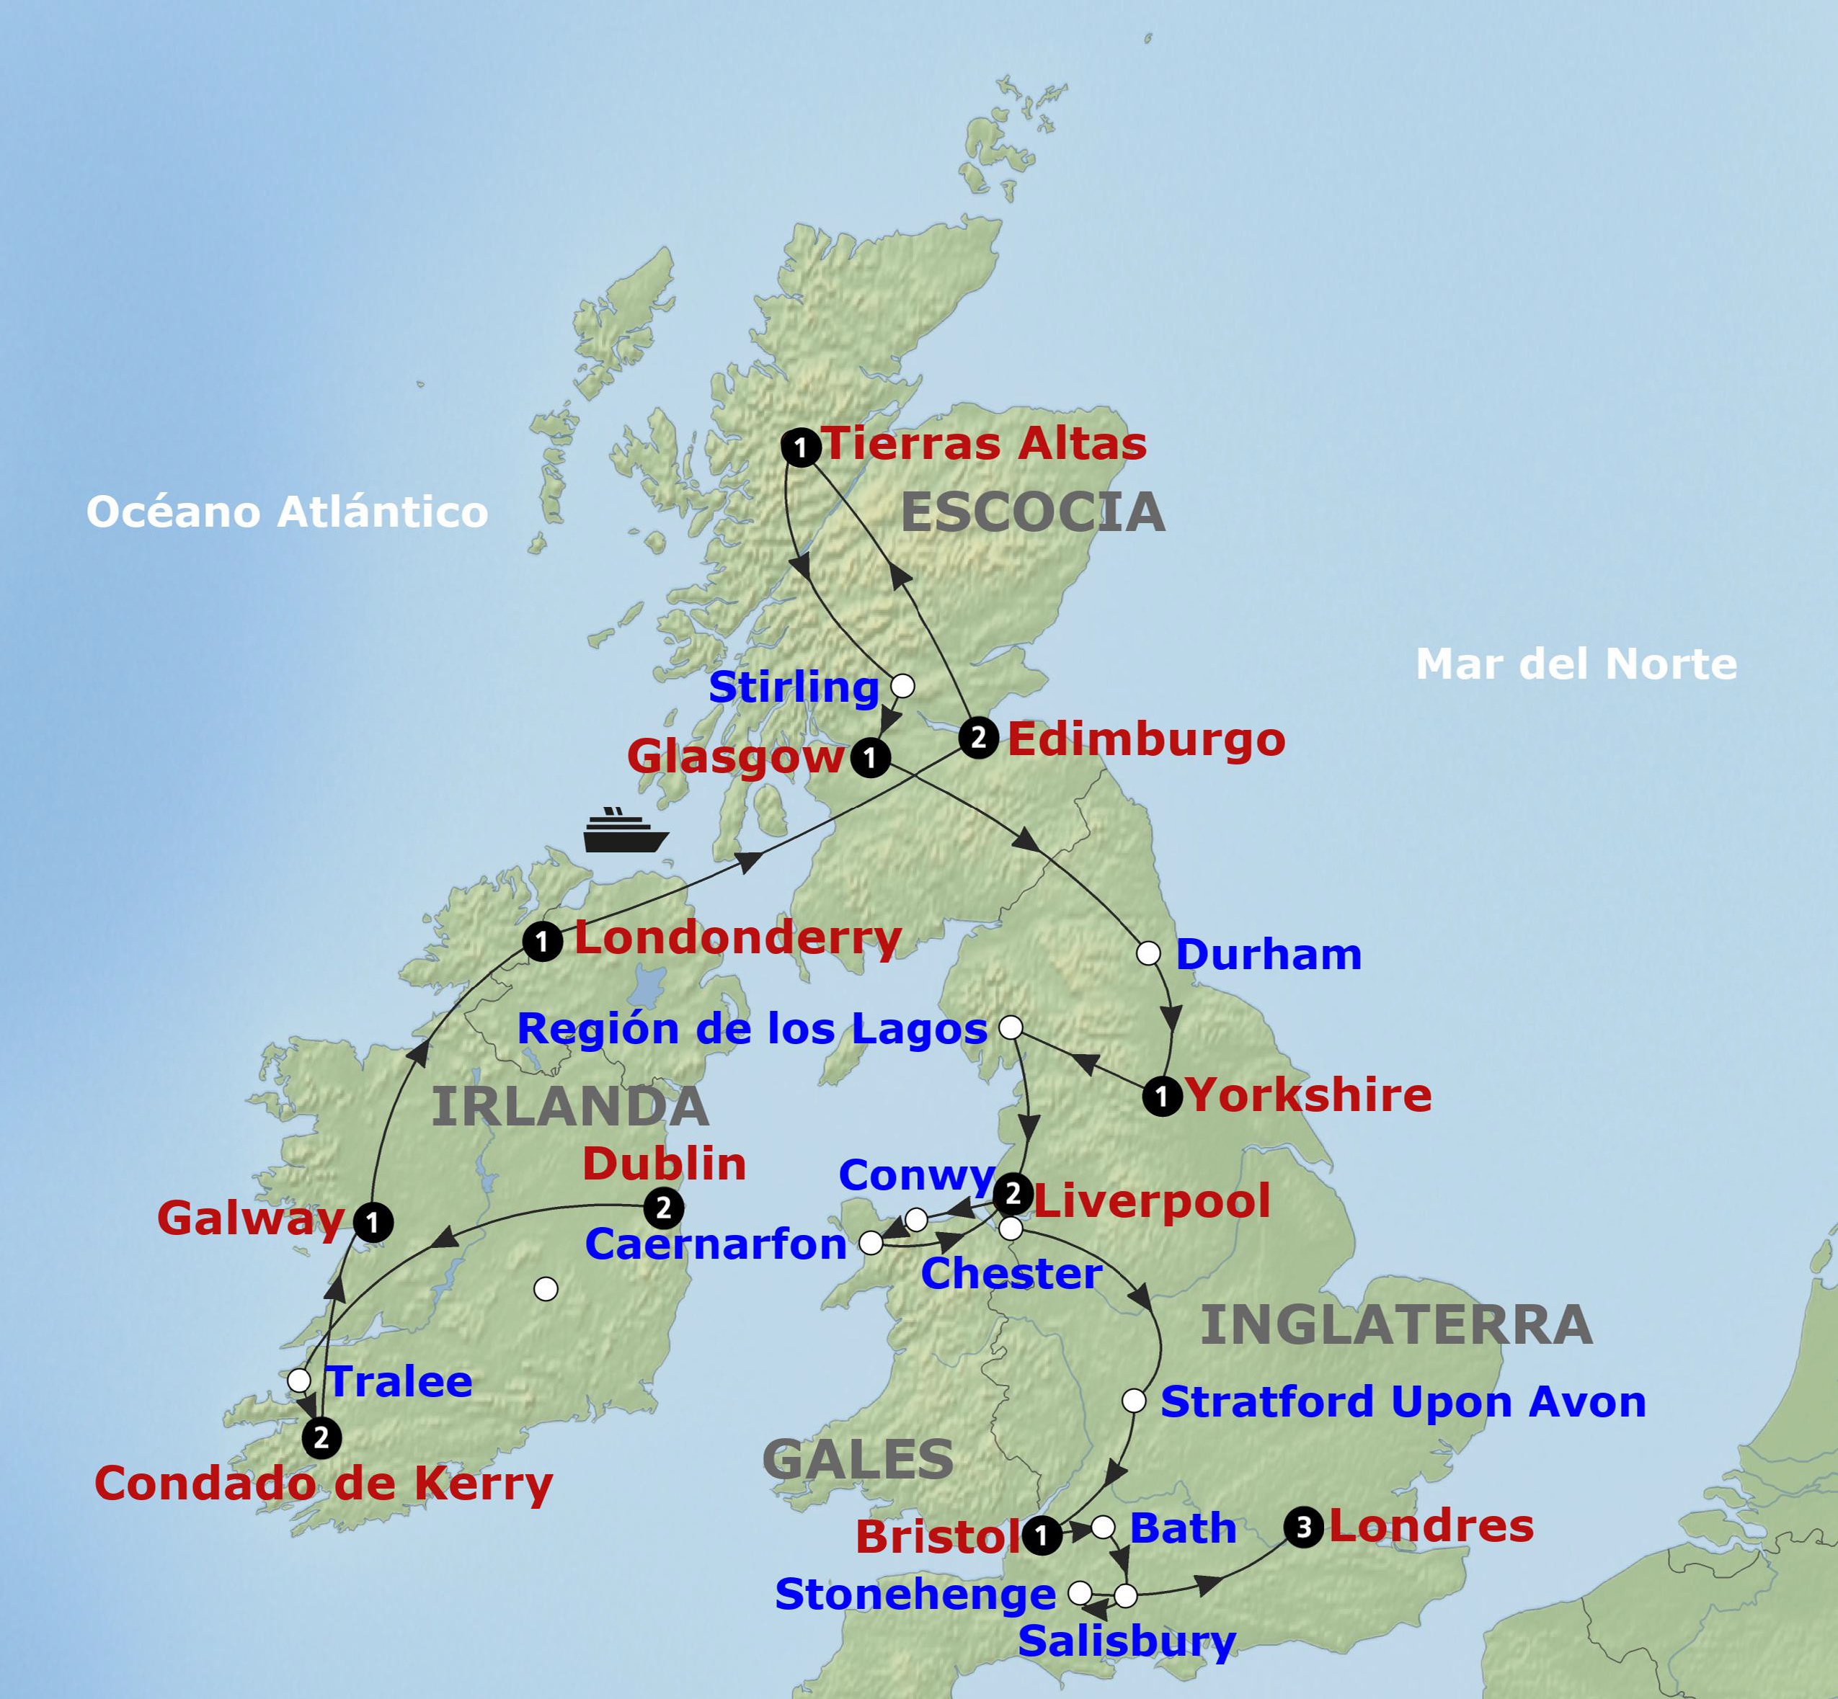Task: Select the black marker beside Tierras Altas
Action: [800, 447]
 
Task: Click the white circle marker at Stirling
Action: [903, 685]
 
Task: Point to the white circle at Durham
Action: [1147, 953]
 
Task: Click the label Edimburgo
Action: [1145, 739]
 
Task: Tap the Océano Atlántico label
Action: [287, 511]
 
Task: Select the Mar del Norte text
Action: [1576, 664]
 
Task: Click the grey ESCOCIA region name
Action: [1033, 512]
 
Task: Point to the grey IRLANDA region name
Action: [570, 1106]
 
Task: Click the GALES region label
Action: [858, 1459]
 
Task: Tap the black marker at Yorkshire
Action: [1162, 1096]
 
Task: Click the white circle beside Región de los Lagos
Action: [1011, 1027]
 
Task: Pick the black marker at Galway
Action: [373, 1222]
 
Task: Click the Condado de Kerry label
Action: [324, 1483]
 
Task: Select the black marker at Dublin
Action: [663, 1207]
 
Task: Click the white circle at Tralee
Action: [299, 1380]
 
